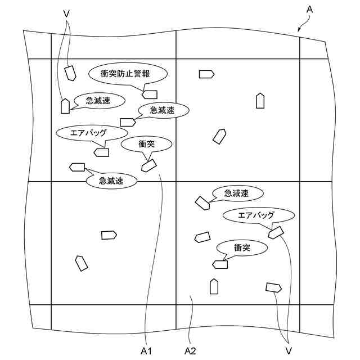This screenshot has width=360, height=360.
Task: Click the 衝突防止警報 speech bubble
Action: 128,73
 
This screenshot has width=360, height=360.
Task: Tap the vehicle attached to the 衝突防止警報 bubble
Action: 150,94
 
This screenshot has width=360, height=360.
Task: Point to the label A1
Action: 147,350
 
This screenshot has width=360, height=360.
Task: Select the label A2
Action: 190,350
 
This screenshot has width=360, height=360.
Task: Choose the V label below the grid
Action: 288,350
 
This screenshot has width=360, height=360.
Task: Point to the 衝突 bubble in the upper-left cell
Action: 147,144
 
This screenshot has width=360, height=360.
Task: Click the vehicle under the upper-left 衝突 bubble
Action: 148,165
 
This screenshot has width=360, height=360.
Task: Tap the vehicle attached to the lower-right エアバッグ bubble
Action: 276,232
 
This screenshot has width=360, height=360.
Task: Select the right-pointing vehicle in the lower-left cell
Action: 109,235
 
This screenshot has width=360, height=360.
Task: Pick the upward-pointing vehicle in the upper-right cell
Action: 260,101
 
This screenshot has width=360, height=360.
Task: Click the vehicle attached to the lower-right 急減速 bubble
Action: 202,202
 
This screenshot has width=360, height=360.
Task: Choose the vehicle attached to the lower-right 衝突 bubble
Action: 220,264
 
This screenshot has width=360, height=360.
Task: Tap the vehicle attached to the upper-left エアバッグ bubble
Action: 102,152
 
